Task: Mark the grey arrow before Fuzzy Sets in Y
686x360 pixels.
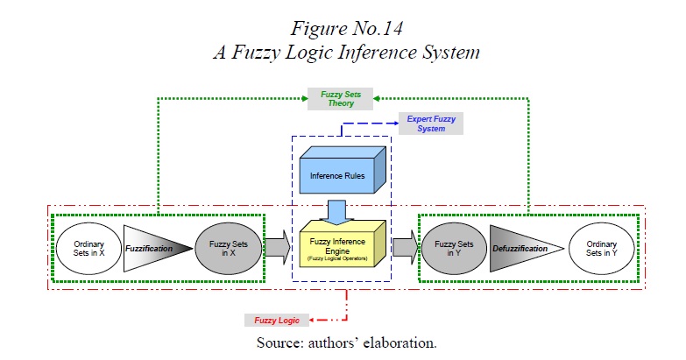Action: [x=405, y=248]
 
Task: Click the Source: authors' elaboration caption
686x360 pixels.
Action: [x=345, y=342]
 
